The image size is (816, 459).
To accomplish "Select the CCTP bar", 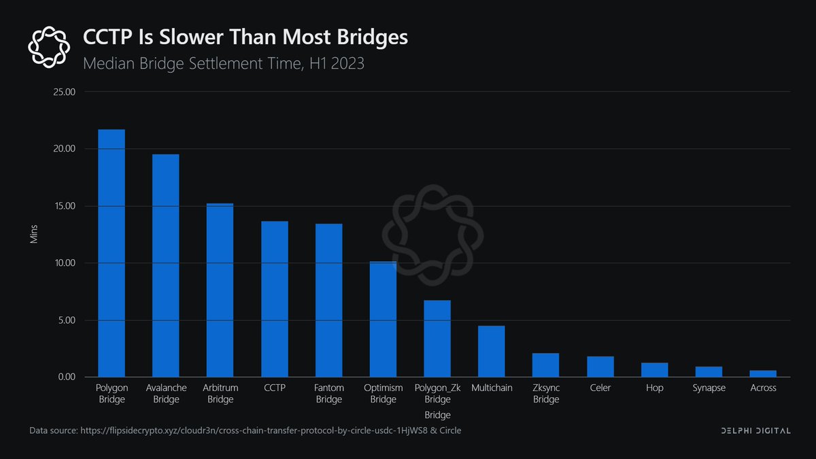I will tap(274, 299).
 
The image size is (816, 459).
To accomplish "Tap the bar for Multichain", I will tap(491, 352).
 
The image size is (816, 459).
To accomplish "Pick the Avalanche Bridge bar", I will tap(166, 265).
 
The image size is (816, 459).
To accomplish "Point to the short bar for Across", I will tap(762, 373).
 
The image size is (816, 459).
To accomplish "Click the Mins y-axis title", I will tap(34, 235).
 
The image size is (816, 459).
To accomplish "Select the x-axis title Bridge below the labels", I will tap(437, 415).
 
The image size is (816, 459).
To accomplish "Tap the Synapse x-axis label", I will tap(709, 388).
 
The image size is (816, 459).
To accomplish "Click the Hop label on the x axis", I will tap(654, 388).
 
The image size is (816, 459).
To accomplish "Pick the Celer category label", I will tap(600, 388).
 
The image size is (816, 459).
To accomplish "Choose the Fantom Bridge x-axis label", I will tap(328, 394).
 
